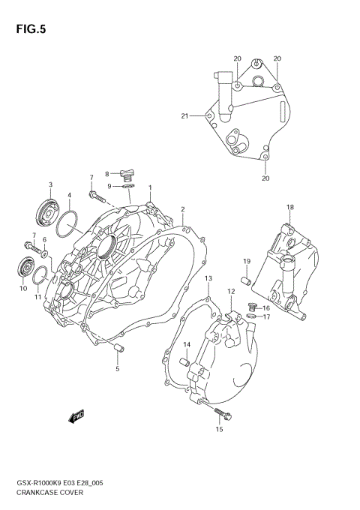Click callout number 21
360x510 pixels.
tap(184, 115)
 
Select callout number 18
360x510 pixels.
tap(289, 206)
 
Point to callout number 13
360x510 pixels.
tap(208, 278)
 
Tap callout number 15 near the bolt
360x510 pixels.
tap(219, 430)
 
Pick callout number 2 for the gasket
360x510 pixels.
tap(182, 209)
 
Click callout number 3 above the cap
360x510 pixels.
tap(50, 184)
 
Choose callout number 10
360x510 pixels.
tap(22, 288)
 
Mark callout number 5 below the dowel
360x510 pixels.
tap(117, 368)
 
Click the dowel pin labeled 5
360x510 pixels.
tap(118, 346)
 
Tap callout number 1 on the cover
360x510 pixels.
tap(150, 187)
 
